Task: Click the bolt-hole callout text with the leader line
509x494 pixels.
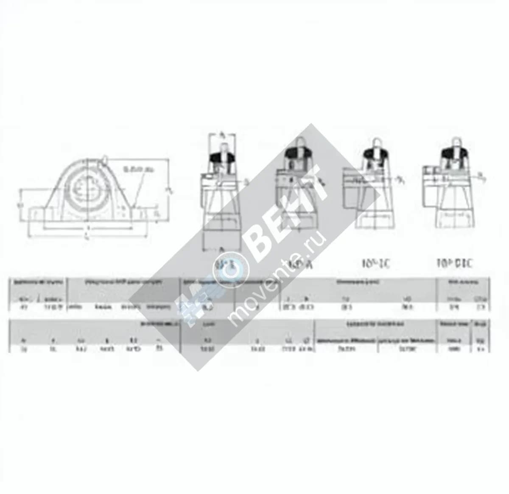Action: (x=138, y=169)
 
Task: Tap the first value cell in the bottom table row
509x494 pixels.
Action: (x=24, y=349)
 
